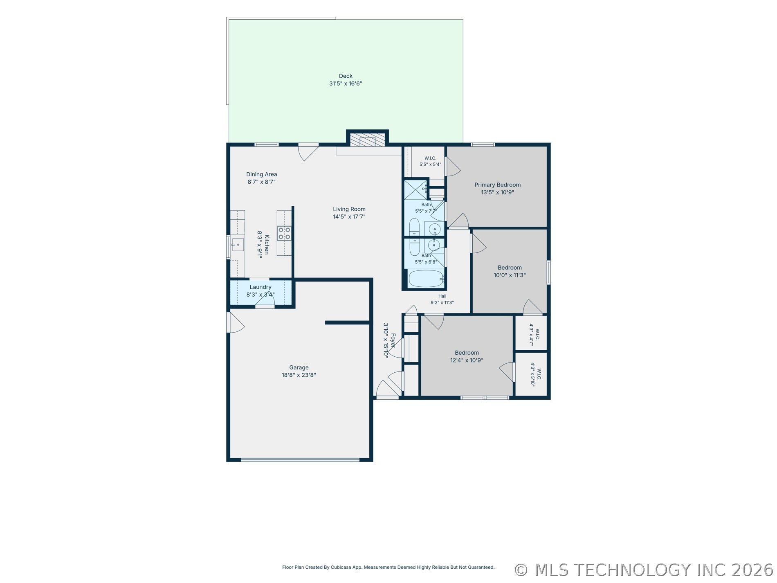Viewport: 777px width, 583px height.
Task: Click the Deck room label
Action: tap(346, 76)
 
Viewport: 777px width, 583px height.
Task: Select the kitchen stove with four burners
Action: tap(284, 233)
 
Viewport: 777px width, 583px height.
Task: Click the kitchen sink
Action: tap(238, 245)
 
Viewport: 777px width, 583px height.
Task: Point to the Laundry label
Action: tap(260, 287)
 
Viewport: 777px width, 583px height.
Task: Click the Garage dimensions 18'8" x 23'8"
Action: tap(299, 375)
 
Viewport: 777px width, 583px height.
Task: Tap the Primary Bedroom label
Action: tap(498, 185)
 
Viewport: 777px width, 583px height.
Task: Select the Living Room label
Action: tap(349, 209)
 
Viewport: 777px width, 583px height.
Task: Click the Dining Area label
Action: tap(262, 174)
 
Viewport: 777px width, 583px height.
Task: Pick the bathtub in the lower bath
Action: tap(426, 279)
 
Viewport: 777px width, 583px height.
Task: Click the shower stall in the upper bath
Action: tap(415, 189)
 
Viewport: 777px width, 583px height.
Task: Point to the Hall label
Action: tap(442, 296)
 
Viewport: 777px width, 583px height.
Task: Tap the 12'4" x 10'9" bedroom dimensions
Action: tap(467, 360)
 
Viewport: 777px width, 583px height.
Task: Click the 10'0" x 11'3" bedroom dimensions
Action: tap(510, 275)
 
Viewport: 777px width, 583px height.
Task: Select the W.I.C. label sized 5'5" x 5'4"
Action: tap(430, 158)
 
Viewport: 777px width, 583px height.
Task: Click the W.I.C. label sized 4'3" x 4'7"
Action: tap(537, 335)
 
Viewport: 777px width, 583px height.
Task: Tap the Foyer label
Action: tap(393, 340)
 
